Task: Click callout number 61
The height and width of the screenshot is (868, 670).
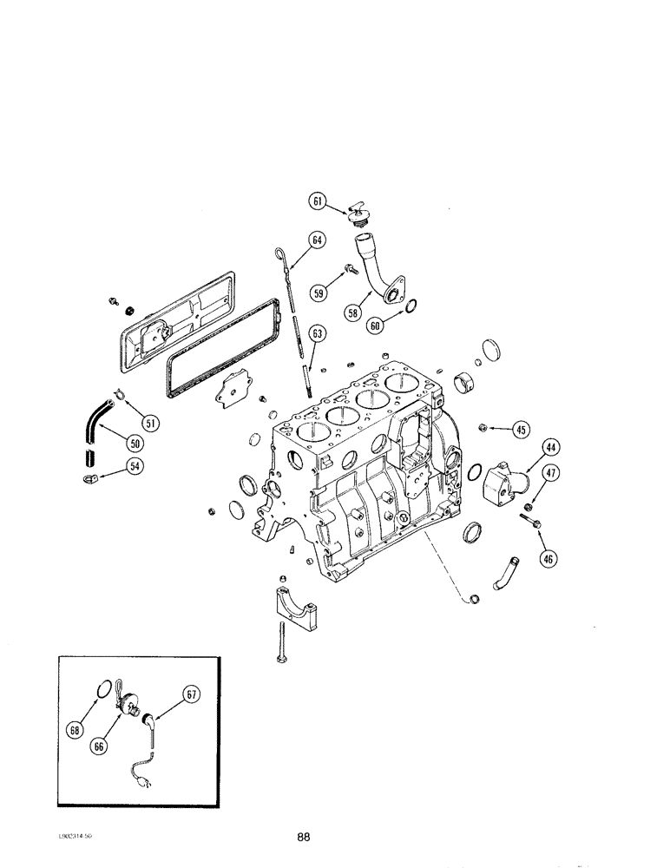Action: [x=318, y=201]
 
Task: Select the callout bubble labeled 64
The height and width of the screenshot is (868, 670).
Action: [x=316, y=240]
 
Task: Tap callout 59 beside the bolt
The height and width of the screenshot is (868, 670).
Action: [x=319, y=293]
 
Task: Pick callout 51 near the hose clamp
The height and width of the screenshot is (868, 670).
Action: [x=150, y=423]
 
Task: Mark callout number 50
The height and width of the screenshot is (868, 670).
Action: [x=135, y=443]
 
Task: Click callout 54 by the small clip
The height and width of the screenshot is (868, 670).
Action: [x=135, y=467]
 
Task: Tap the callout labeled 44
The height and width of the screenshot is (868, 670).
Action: [x=551, y=448]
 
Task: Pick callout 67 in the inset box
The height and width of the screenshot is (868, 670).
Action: [x=192, y=693]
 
